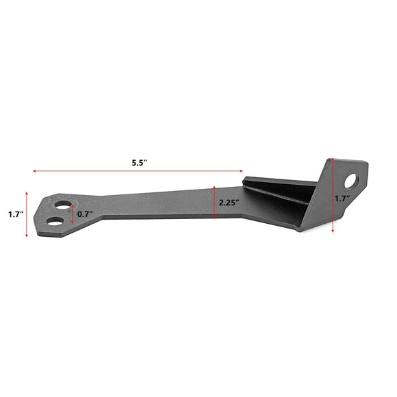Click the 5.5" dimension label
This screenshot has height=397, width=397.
140,163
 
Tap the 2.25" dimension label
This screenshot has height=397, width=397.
229,203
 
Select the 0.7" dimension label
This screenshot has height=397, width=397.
85,214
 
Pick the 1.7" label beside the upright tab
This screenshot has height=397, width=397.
342,198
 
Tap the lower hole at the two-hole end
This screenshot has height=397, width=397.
58,222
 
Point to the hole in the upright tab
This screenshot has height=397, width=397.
353,181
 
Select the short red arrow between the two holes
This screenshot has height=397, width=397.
73,214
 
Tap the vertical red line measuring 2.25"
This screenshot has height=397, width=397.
214,203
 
